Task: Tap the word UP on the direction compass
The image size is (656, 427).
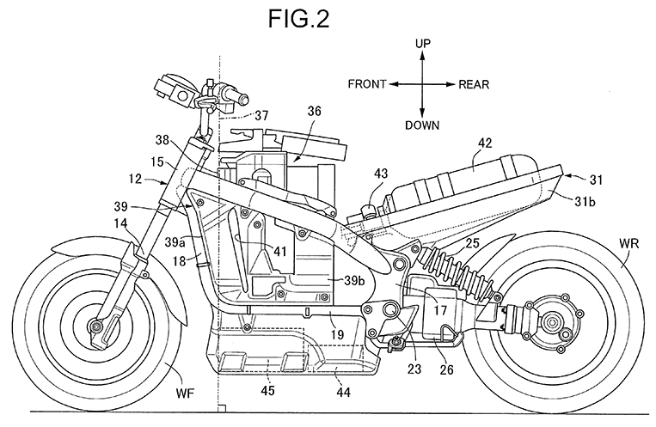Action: pos(422,42)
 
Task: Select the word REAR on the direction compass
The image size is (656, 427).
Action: pos(475,83)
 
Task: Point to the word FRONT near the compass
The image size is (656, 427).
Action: pos(367,83)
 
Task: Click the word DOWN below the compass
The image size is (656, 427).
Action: pos(422,125)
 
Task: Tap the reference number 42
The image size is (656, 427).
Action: pos(487,143)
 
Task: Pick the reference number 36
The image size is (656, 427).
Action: pos(314,111)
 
